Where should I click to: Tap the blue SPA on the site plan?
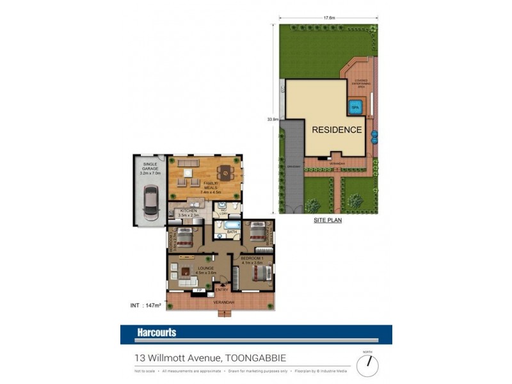pyautogui.click(x=356, y=106)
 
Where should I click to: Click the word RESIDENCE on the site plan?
pyautogui.click(x=337, y=129)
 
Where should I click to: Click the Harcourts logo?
pyautogui.click(x=157, y=333)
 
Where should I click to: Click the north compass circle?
pyautogui.click(x=367, y=365)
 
